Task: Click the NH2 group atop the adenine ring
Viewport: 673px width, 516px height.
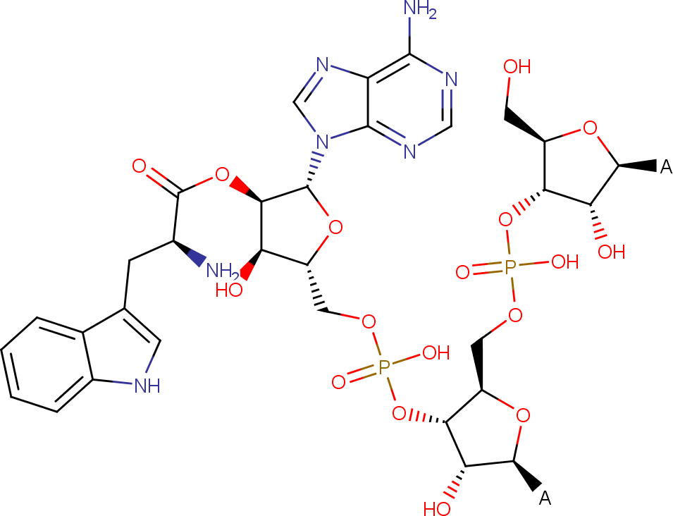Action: pyautogui.click(x=421, y=10)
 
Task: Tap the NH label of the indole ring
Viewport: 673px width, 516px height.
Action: pyautogui.click(x=147, y=386)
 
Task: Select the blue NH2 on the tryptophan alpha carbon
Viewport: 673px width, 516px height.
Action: pyautogui.click(x=221, y=271)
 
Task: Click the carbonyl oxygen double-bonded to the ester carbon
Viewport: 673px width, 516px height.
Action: pyautogui.click(x=139, y=166)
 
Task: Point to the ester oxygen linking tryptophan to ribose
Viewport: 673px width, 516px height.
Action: pyautogui.click(x=222, y=175)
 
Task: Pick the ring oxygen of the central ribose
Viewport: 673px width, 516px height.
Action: pyautogui.click(x=335, y=227)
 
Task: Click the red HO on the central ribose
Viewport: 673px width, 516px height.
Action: pyautogui.click(x=229, y=290)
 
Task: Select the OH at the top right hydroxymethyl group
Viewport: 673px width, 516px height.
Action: pyautogui.click(x=517, y=67)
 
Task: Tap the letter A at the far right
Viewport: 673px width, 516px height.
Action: pyautogui.click(x=666, y=166)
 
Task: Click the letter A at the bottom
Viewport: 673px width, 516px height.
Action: pyautogui.click(x=545, y=498)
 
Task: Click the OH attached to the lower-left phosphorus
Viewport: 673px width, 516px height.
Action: pyautogui.click(x=436, y=353)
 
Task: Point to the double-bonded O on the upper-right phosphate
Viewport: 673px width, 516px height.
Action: pyautogui.click(x=462, y=272)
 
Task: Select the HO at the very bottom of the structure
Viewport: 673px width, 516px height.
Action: pyautogui.click(x=437, y=508)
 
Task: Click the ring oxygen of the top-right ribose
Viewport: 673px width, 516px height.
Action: pyautogui.click(x=590, y=128)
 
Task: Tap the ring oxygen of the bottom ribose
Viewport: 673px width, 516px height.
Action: pyautogui.click(x=523, y=415)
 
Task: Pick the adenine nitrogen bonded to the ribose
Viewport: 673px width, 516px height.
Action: pyautogui.click(x=322, y=141)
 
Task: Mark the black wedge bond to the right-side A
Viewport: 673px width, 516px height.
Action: pyautogui.click(x=638, y=166)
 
